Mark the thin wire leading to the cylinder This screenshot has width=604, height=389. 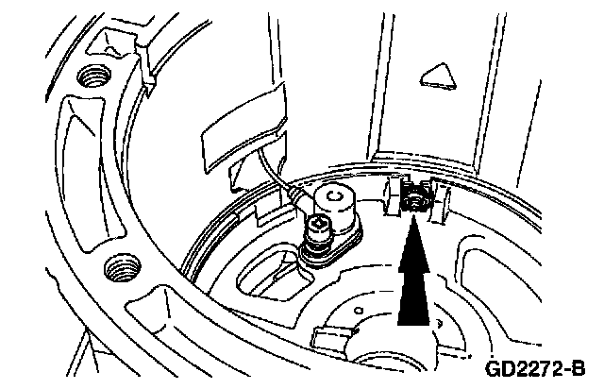[279, 175]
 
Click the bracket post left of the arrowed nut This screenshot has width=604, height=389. [389, 195]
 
